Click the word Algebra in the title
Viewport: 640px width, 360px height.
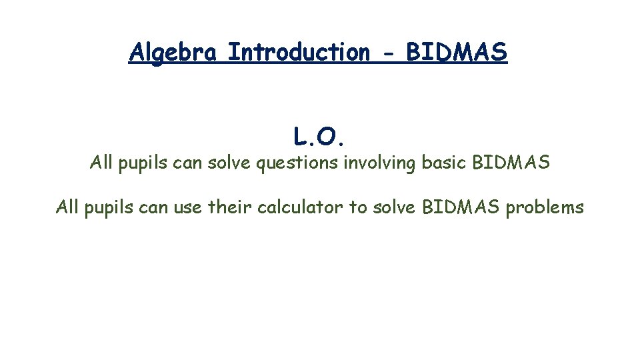click(173, 52)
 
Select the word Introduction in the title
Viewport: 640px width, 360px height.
click(298, 52)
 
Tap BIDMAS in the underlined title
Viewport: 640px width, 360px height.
click(457, 52)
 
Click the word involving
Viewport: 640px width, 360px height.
click(381, 163)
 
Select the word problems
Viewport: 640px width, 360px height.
click(545, 208)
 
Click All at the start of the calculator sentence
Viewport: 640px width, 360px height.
click(67, 207)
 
